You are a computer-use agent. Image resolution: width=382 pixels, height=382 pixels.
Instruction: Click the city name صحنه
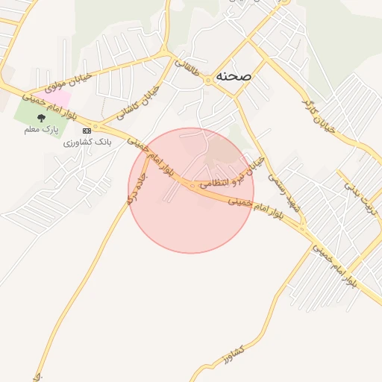point(233,76)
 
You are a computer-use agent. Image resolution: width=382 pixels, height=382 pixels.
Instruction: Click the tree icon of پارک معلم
point(42,118)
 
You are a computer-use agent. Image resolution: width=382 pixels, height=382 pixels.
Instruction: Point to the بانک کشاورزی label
point(87,141)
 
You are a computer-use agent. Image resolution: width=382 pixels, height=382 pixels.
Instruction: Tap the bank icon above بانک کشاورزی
point(87,131)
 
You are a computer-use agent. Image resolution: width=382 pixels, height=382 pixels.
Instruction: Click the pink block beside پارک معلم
point(59,99)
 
